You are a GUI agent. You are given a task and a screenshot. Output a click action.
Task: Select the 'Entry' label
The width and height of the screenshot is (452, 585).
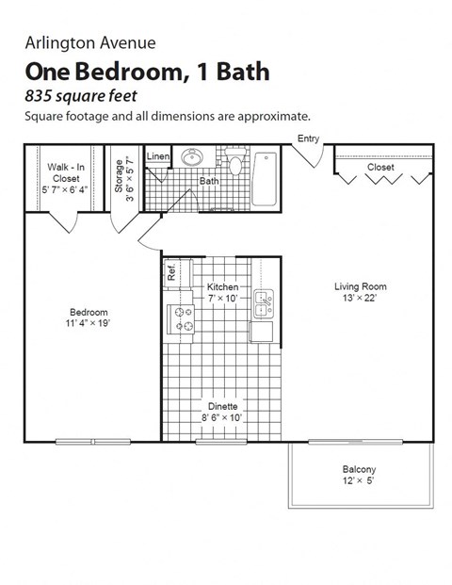pyautogui.click(x=308, y=138)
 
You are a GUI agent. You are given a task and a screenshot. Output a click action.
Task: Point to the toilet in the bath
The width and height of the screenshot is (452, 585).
pyautogui.click(x=236, y=165)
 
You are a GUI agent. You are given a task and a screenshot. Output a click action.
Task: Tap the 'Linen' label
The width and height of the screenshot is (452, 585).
pyautogui.click(x=157, y=156)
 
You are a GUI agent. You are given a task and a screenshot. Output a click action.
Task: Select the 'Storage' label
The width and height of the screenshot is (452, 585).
pyautogui.click(x=120, y=176)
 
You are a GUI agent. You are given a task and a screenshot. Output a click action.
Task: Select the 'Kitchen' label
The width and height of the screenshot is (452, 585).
pyautogui.click(x=222, y=286)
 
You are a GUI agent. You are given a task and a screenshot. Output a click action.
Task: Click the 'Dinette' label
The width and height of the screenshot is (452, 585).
pyautogui.click(x=222, y=407)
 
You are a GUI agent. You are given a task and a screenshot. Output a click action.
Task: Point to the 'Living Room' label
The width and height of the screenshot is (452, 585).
pyautogui.click(x=361, y=286)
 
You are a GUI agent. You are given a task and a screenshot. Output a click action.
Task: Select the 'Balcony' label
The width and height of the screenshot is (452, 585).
pyautogui.click(x=359, y=469)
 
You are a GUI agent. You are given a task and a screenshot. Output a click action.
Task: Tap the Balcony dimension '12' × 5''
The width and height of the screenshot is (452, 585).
pyautogui.click(x=359, y=482)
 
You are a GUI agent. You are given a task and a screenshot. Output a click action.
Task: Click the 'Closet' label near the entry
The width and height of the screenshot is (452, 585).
pyautogui.click(x=380, y=167)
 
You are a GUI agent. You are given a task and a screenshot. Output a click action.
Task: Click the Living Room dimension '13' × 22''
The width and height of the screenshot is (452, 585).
pyautogui.click(x=361, y=299)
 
